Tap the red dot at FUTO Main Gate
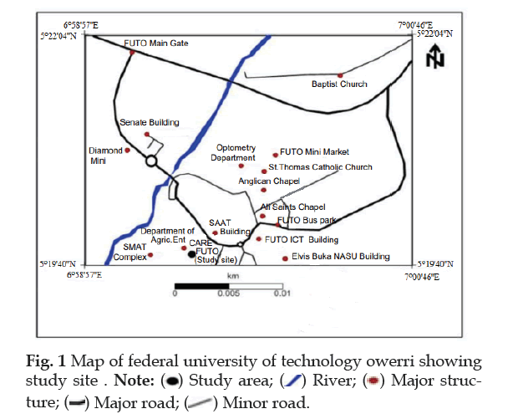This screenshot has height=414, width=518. tap(132, 52)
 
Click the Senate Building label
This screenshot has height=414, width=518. tap(150, 122)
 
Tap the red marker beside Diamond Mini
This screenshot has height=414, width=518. tap(127, 151)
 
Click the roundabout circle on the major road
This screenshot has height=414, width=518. tap(151, 161)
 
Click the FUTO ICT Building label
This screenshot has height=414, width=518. tap(299, 239)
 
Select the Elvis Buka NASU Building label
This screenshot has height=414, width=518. tap(341, 257)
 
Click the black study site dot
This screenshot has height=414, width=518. tap(192, 254)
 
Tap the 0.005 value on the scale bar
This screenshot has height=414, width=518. tap(228, 294)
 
